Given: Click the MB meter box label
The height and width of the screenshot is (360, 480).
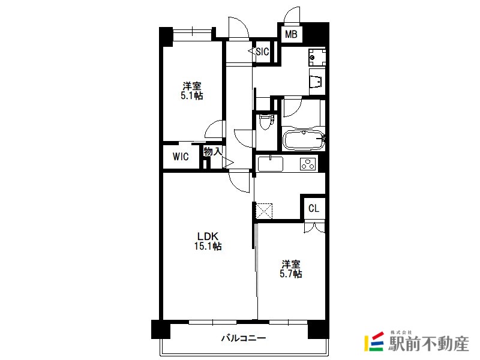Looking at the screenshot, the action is (291, 34).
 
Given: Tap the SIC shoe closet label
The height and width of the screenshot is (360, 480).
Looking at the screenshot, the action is (262, 52).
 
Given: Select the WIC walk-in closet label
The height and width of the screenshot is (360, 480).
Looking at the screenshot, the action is (181, 157).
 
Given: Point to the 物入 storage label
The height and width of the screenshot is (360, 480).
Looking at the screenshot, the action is (213, 151).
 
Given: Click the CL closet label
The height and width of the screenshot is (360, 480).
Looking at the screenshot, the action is (314, 208).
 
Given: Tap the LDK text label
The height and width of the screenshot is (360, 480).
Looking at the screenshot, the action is (208, 236).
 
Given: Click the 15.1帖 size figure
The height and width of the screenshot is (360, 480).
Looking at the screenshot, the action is (208, 246).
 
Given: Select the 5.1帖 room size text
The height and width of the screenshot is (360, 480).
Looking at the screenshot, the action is (191, 95).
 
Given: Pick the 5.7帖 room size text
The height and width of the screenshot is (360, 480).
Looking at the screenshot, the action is (290, 274).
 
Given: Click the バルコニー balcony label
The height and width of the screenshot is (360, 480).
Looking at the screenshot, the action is (244, 338).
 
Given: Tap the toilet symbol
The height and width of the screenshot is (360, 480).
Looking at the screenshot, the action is (266, 122).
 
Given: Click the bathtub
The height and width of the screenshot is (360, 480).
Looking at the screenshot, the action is (304, 140).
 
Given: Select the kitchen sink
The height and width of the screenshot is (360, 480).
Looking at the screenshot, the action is (271, 164).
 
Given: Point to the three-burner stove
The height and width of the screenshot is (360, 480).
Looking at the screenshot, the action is (308, 163).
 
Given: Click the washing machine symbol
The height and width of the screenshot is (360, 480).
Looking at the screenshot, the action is (317, 57).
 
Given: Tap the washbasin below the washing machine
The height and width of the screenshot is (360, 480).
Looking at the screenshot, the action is (317, 82).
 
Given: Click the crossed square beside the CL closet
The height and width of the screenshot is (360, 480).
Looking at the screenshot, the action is (264, 211).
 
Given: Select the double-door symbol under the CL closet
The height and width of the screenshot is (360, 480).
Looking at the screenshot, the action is (314, 228).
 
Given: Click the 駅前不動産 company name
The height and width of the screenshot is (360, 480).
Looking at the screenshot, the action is (428, 344).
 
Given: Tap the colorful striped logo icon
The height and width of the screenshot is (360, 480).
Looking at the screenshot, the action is (374, 341).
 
